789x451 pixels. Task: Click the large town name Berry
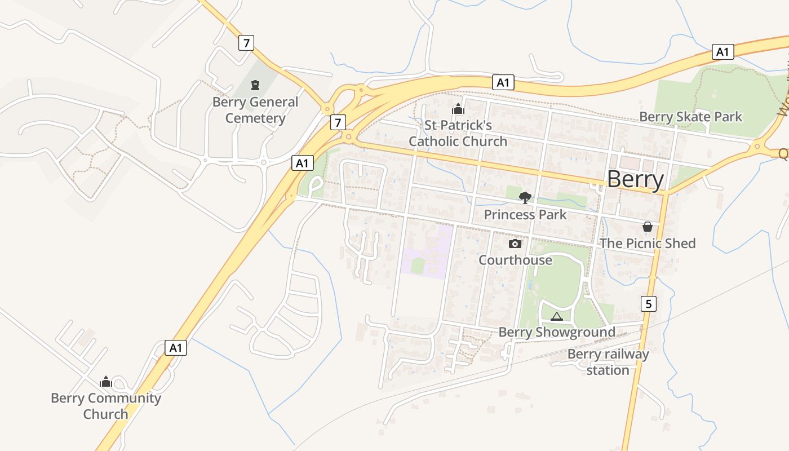click(x=635, y=179)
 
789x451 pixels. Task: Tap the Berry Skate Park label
click(x=690, y=117)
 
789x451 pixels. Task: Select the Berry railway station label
click(x=608, y=362)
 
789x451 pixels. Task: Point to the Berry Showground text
click(x=557, y=332)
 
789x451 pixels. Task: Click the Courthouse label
click(x=515, y=260)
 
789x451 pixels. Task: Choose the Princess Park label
click(x=525, y=215)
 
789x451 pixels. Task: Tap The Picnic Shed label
click(x=648, y=243)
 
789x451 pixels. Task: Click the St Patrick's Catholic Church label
click(x=458, y=133)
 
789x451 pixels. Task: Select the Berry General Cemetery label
click(x=255, y=110)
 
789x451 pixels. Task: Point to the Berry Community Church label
click(x=106, y=406)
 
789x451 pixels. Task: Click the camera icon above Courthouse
click(x=515, y=244)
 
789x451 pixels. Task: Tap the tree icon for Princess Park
click(x=525, y=197)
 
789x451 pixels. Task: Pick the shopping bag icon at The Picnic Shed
click(x=648, y=227)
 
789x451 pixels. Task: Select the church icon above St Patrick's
click(x=458, y=109)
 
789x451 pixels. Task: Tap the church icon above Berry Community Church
click(x=106, y=382)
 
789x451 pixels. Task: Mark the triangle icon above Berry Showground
click(x=557, y=316)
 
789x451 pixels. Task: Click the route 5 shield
click(x=649, y=304)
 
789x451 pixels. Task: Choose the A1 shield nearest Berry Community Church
click(x=176, y=348)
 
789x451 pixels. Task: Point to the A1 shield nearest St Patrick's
click(x=503, y=82)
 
